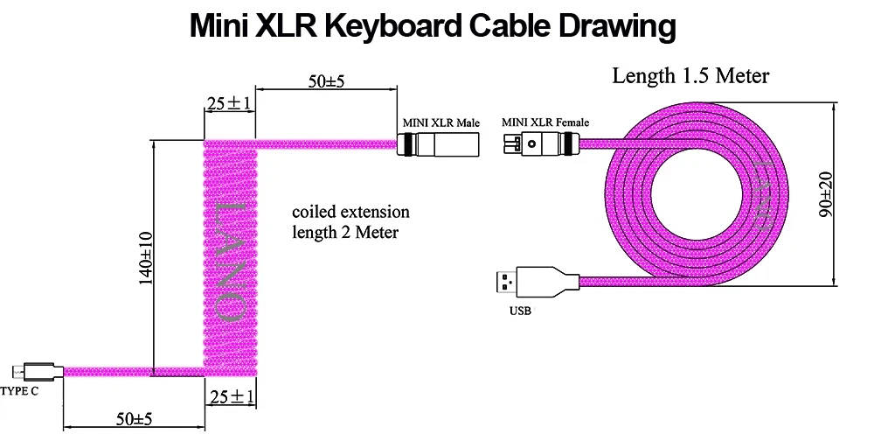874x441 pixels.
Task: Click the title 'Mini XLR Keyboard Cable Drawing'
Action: coord(433,25)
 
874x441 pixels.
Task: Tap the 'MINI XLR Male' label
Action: coord(440,122)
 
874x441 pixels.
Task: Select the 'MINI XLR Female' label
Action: coord(545,122)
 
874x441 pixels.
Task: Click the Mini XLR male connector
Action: coord(439,144)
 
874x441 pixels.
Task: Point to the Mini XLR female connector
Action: coord(541,144)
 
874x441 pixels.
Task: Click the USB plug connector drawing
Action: coord(538,282)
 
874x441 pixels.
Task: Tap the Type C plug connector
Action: coord(38,371)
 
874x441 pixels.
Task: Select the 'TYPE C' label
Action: coord(19,391)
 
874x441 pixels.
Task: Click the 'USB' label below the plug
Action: coord(520,311)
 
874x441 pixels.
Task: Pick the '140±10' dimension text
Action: coord(145,258)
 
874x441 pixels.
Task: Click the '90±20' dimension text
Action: coord(826,195)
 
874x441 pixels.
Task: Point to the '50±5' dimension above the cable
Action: coord(326,81)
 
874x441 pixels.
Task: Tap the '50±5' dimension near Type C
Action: coord(134,418)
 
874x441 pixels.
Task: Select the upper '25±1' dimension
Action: coord(229,103)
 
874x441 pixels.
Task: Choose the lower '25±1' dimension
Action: coord(232,397)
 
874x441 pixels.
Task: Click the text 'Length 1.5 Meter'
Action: coord(690,75)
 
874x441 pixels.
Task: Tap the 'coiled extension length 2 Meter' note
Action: coord(350,221)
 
